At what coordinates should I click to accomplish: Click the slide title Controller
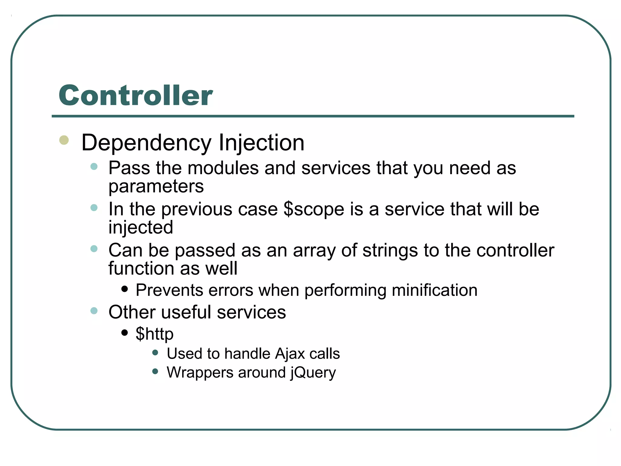[136, 95]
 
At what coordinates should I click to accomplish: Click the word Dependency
[146, 143]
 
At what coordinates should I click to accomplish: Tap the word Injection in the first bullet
[261, 143]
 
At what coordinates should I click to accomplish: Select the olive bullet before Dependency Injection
[64, 140]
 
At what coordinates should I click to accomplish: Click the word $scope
[314, 209]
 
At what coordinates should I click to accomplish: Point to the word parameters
[156, 187]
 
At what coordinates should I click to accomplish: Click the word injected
[141, 228]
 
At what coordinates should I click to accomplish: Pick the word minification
[435, 290]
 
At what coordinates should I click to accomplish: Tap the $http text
[154, 334]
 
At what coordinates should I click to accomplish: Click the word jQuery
[313, 373]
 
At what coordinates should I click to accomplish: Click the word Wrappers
[200, 373]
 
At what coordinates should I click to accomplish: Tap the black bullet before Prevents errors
[124, 289]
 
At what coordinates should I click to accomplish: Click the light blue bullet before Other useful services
[94, 311]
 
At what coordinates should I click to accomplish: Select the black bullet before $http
[124, 333]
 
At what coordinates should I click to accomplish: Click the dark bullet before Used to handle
[155, 353]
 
